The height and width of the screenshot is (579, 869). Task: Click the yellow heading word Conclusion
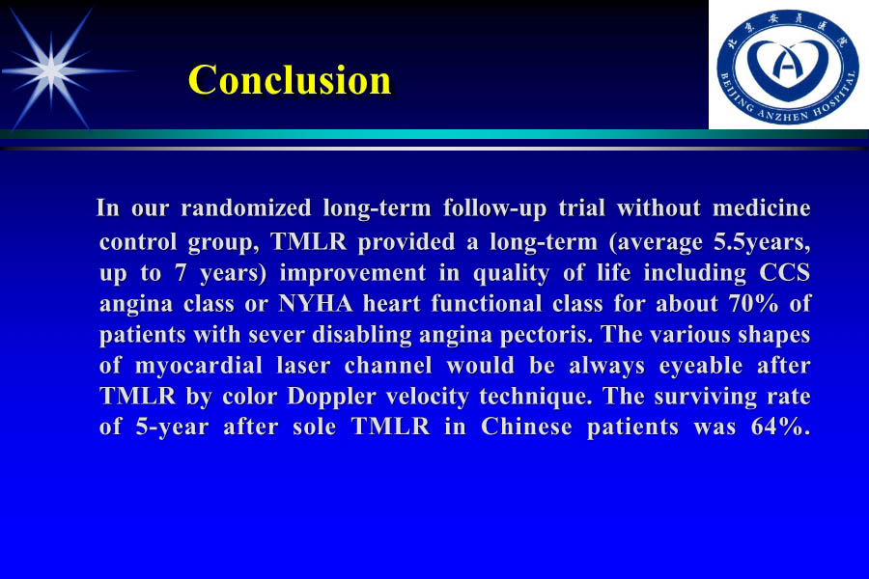(290, 80)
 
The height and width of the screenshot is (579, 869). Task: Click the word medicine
(761, 208)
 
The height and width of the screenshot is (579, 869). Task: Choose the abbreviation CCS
(783, 272)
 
